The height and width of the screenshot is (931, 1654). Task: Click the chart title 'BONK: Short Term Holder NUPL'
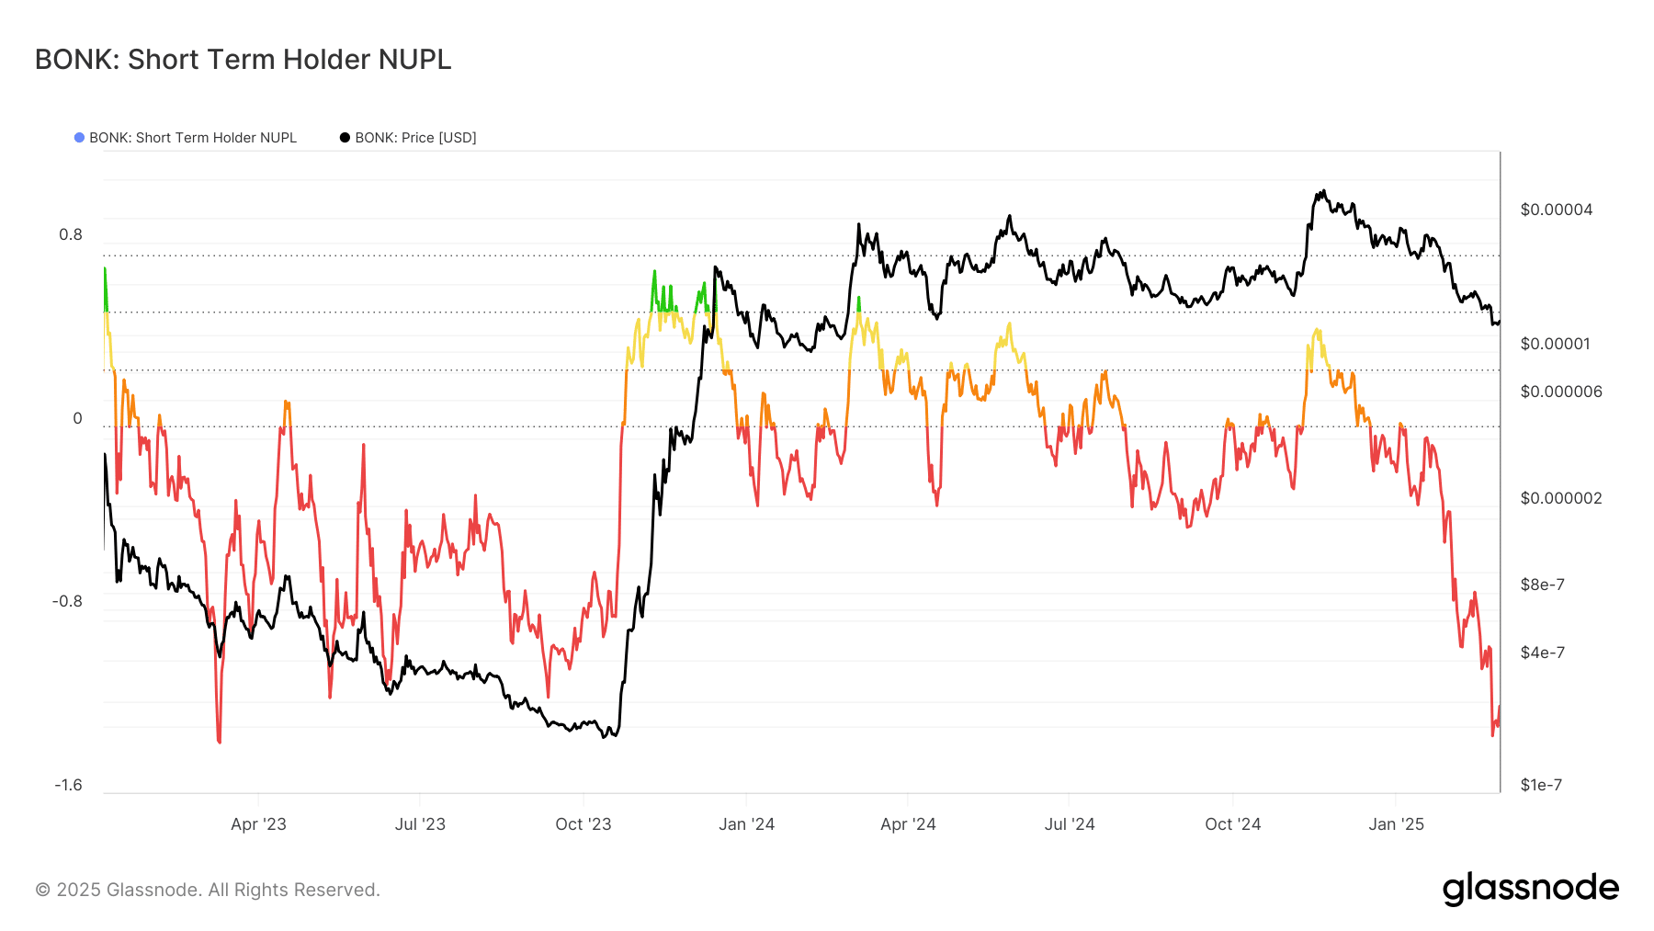[x=243, y=60]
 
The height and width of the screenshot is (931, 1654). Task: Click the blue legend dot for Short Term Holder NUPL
[x=80, y=138]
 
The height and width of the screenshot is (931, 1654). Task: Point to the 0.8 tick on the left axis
[x=71, y=235]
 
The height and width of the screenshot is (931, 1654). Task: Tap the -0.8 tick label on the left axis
[x=67, y=602]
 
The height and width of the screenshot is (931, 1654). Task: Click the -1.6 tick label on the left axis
[x=68, y=785]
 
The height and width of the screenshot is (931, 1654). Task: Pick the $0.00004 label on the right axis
[x=1556, y=210]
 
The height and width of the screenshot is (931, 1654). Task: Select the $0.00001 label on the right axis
[x=1555, y=345]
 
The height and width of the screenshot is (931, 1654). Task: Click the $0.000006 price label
[x=1560, y=392]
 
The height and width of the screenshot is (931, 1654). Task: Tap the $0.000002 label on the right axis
[x=1560, y=499]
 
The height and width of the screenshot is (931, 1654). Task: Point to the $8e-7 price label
[x=1542, y=585]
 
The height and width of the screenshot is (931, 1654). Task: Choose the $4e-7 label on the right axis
[x=1542, y=653]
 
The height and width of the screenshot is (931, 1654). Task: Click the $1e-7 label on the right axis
[x=1541, y=786]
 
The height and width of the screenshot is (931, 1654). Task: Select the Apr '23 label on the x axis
[x=258, y=824]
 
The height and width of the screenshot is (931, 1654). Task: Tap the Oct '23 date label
[x=583, y=824]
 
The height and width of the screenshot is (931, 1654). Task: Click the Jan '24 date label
[x=746, y=824]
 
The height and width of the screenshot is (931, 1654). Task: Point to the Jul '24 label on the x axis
[x=1070, y=824]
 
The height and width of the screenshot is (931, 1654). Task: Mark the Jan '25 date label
[x=1396, y=824]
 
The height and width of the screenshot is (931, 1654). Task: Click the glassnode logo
[x=1530, y=889]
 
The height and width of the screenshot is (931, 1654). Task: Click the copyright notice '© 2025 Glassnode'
[x=208, y=890]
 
